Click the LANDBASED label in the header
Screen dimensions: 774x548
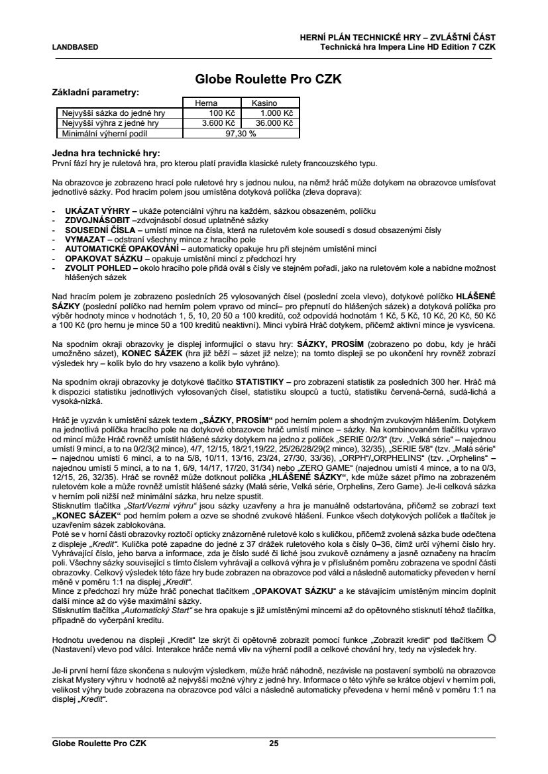[75, 47]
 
